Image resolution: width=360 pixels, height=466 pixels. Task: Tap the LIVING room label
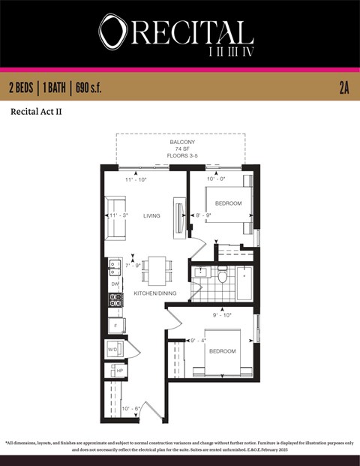coord(152,216)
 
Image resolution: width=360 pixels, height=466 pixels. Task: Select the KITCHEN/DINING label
coord(155,293)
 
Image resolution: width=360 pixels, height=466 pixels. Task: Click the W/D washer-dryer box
coord(113,350)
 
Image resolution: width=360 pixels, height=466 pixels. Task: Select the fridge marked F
coord(115,326)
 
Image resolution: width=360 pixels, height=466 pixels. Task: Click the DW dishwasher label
coord(115,284)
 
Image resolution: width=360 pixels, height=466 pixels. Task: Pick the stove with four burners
coord(115,302)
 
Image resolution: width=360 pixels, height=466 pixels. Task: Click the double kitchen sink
coord(115,266)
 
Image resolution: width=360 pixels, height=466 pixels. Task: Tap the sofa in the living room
coord(115,216)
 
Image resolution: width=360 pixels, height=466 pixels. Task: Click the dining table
coord(157,270)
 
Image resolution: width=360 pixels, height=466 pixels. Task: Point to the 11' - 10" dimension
coord(136,180)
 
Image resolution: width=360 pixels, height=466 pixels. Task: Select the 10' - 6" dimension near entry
coord(131,408)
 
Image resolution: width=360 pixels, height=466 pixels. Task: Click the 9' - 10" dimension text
coord(221,314)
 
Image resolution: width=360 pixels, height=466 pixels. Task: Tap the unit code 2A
coord(344,89)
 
